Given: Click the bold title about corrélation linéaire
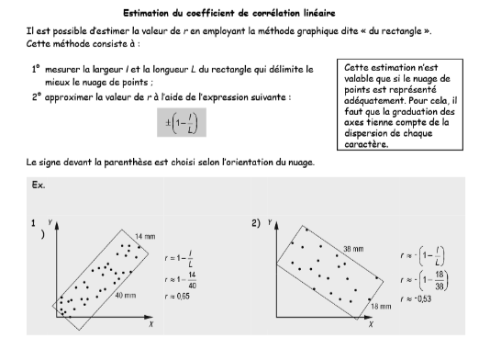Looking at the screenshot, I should click(245, 14).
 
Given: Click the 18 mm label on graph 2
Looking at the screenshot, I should click(380, 304).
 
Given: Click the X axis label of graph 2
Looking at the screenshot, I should click(369, 325).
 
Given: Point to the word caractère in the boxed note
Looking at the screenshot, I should click(364, 143).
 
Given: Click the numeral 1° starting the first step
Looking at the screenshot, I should click(36, 70).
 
